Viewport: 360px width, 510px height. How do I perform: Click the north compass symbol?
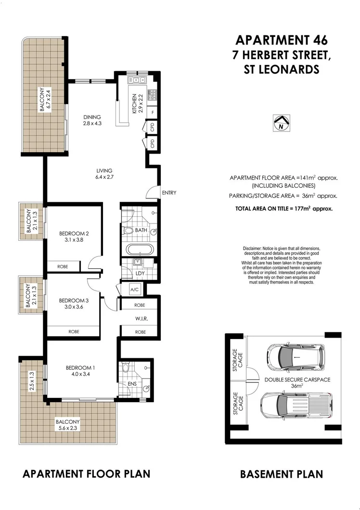(x=281, y=123)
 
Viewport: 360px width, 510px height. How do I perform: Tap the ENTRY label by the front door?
(x=169, y=193)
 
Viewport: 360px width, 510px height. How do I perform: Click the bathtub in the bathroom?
(x=140, y=249)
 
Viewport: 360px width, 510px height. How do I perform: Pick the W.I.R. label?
(x=139, y=318)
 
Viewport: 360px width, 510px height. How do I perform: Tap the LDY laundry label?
(x=141, y=274)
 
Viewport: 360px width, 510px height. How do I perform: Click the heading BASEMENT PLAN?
(x=281, y=474)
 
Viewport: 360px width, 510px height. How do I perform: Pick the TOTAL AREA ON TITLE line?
(x=283, y=209)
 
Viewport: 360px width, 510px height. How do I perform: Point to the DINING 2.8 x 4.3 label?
(x=92, y=120)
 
